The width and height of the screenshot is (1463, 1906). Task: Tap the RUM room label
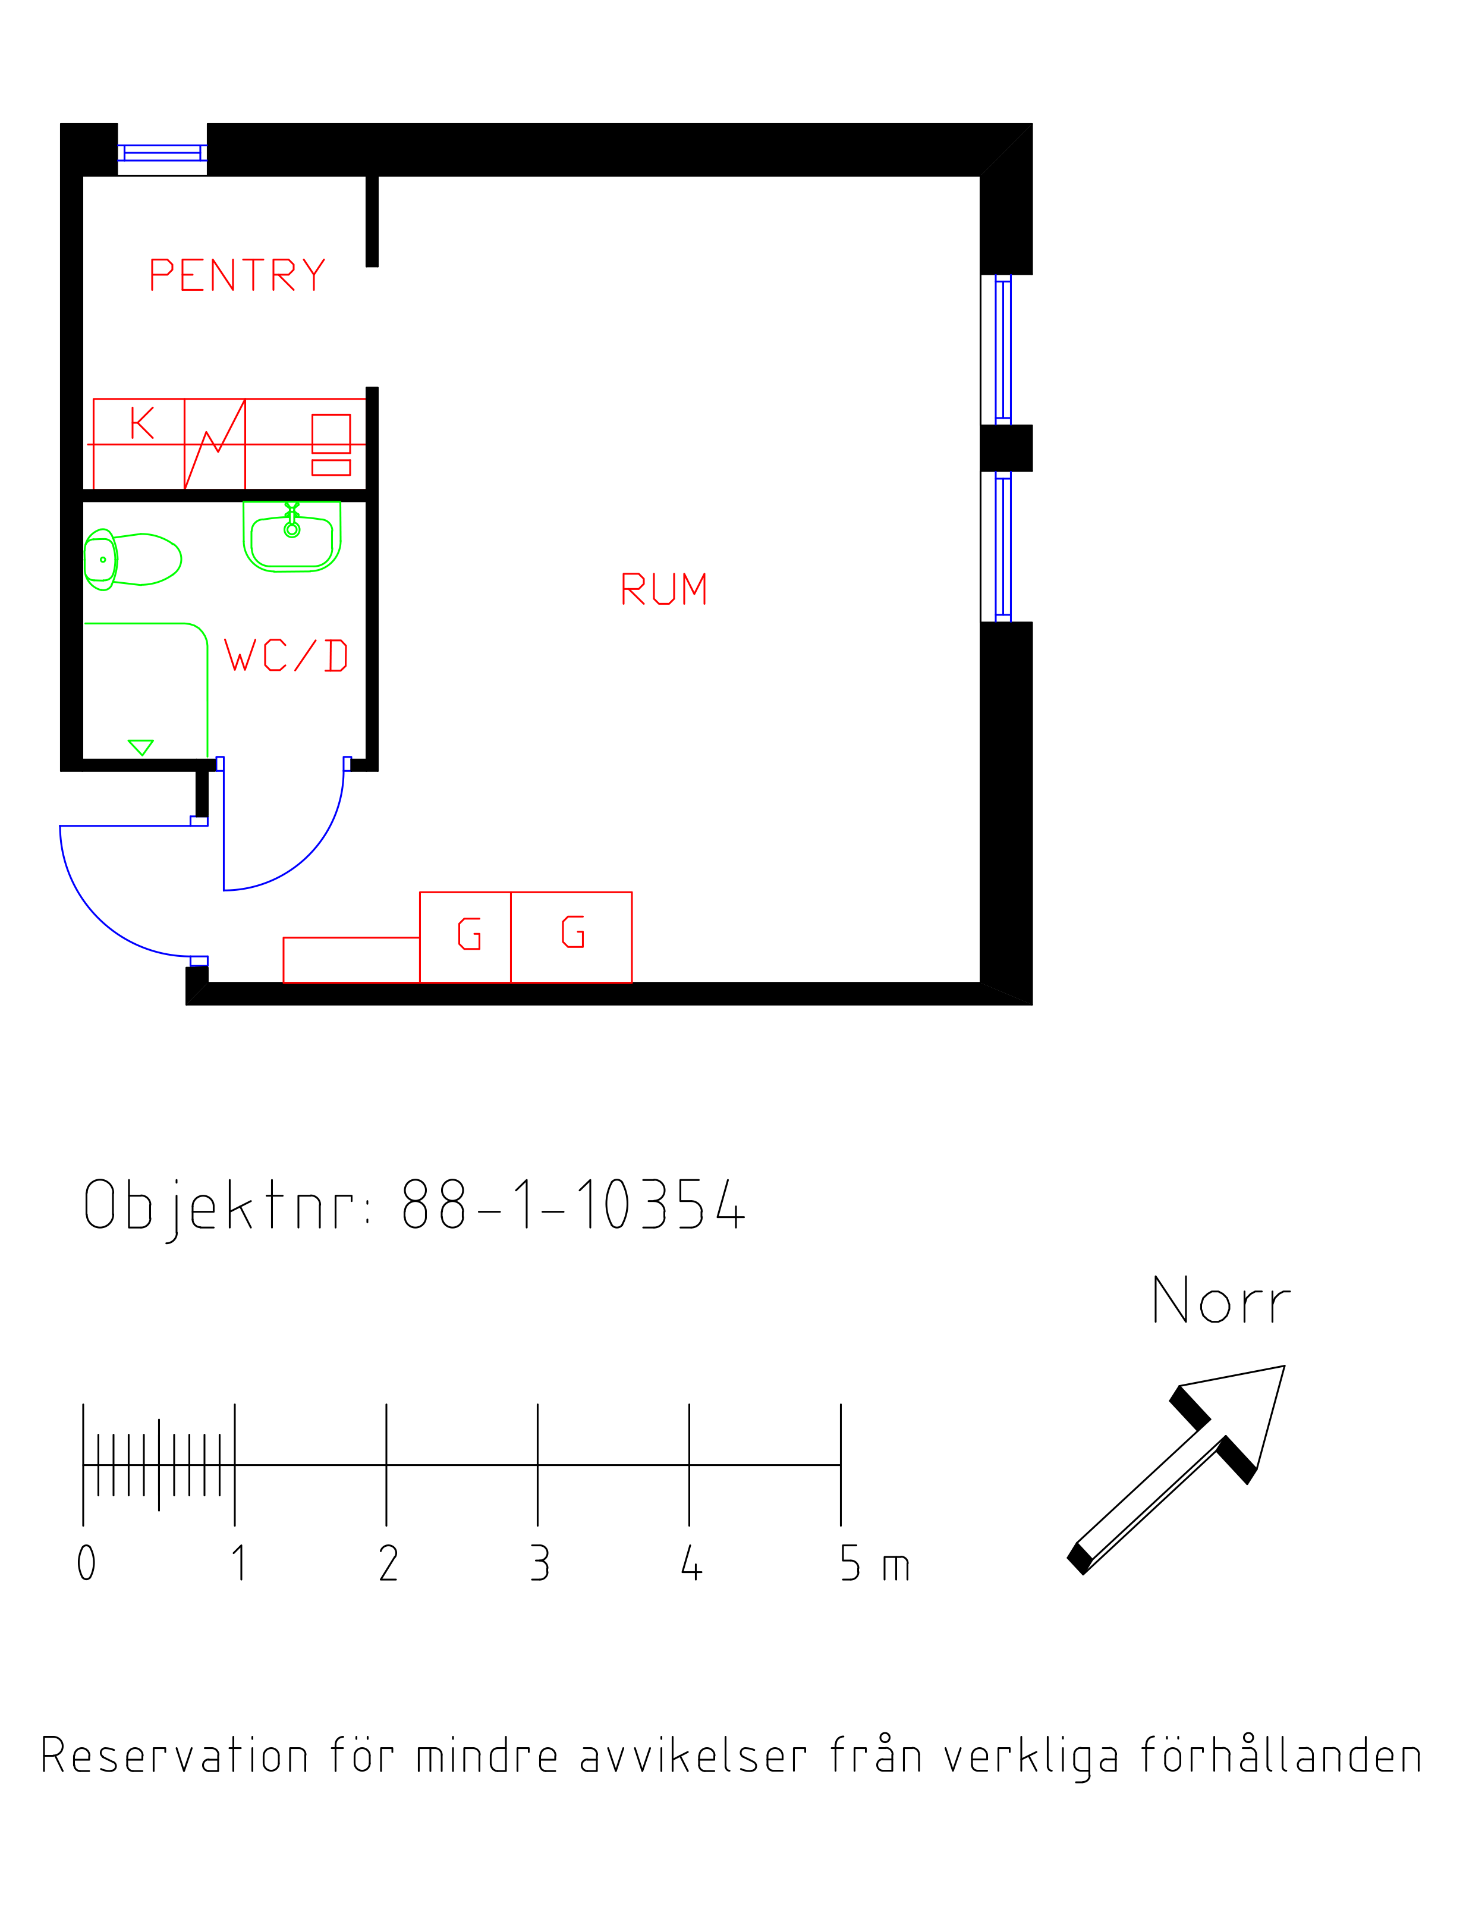[663, 589]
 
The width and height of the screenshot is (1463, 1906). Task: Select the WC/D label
[285, 655]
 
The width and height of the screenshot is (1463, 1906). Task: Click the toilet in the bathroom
[133, 559]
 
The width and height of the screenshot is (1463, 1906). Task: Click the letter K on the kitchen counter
[142, 423]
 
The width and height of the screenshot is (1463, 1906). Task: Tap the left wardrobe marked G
[465, 937]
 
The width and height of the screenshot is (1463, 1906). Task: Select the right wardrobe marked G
[571, 937]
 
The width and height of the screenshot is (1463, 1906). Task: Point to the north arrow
[1176, 1469]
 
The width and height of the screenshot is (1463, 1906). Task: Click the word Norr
[1221, 1301]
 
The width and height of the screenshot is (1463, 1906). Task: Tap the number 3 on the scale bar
[540, 1563]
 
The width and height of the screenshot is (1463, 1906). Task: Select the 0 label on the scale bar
[86, 1563]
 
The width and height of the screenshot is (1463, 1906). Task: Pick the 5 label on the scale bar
[850, 1563]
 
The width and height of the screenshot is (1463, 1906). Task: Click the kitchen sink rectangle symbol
[331, 434]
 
